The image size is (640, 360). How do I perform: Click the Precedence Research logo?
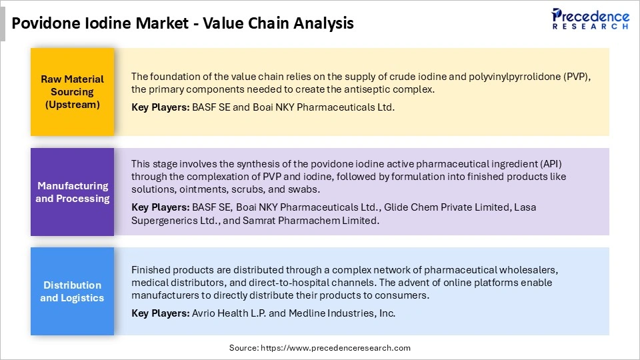pos(589,19)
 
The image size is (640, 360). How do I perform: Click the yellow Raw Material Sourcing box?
pos(72,91)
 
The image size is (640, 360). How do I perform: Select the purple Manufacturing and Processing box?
pos(72,192)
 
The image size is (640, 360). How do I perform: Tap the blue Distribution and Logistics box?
pos(72,291)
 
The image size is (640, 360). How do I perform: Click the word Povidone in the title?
pos(41,23)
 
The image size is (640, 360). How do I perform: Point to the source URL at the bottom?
pos(320,348)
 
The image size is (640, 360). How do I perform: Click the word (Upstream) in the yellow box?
pos(72,105)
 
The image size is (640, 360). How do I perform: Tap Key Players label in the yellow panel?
pos(159,107)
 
